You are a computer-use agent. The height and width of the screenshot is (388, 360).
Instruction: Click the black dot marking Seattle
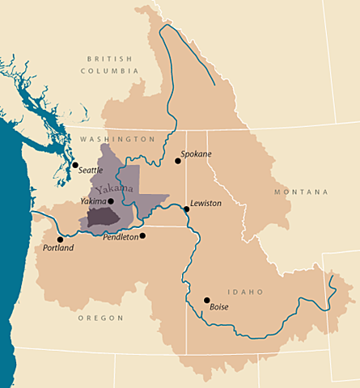(x=75, y=166)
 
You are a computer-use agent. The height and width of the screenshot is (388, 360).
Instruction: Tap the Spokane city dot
(x=178, y=161)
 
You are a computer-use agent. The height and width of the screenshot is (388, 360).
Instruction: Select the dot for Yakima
(x=111, y=201)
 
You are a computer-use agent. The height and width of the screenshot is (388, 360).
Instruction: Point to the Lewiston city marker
(x=186, y=209)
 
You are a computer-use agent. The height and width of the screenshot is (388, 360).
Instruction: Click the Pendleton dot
(x=142, y=236)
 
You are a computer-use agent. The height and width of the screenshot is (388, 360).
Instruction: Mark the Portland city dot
(x=60, y=239)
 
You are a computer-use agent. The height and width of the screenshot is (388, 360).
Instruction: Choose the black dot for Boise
(x=206, y=300)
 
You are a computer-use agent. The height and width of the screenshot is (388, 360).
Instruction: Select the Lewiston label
(x=205, y=204)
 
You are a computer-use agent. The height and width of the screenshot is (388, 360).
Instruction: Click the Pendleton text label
(x=121, y=237)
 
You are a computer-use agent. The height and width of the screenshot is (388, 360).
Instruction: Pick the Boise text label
(x=219, y=307)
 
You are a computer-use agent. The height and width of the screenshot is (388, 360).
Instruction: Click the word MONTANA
(x=300, y=192)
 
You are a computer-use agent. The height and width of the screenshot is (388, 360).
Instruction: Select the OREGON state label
(x=101, y=318)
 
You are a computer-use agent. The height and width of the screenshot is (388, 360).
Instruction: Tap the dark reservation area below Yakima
(x=103, y=215)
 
